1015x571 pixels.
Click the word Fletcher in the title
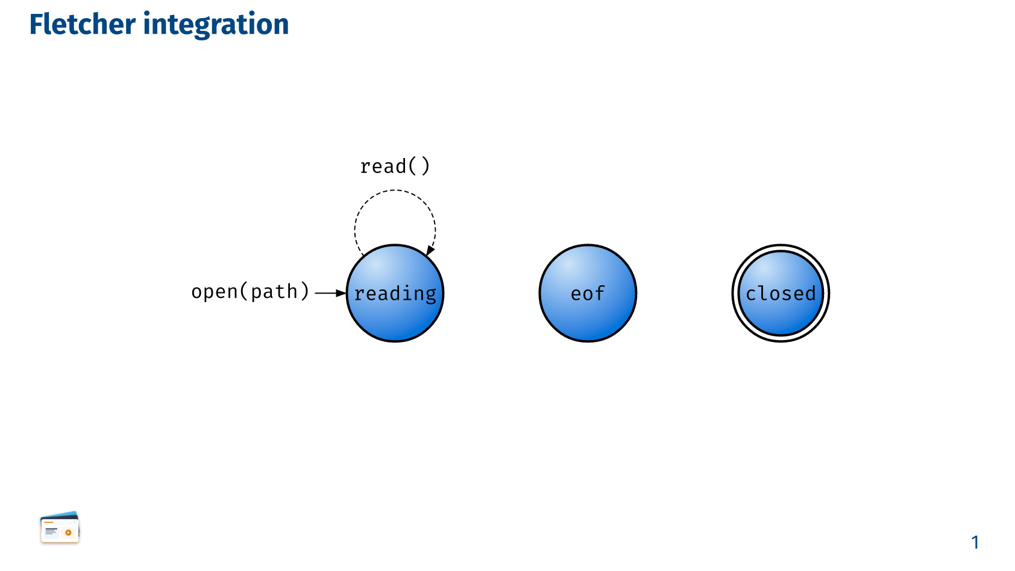83,24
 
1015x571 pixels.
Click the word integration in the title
216,25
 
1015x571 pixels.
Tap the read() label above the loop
395,166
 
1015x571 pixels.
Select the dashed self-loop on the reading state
395,191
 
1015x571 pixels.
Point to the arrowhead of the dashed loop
430,251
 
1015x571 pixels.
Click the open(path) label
250,292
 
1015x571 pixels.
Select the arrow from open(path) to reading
330,293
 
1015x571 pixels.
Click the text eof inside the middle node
588,294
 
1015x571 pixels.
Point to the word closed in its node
781,294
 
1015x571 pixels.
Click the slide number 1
976,543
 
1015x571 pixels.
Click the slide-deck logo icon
60,527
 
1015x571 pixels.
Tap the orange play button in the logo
69,532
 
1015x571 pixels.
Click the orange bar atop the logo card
49,523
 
